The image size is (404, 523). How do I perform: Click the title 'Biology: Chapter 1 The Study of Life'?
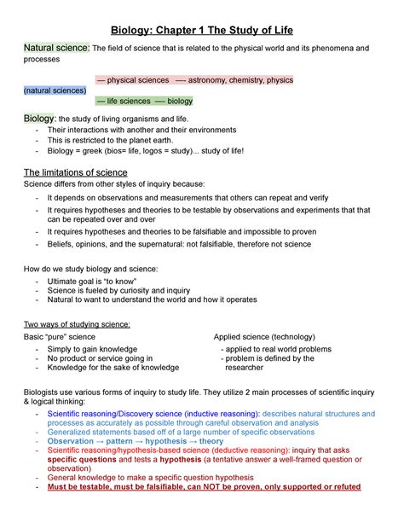pos(202,30)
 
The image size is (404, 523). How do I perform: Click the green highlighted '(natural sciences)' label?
pos(55,90)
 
